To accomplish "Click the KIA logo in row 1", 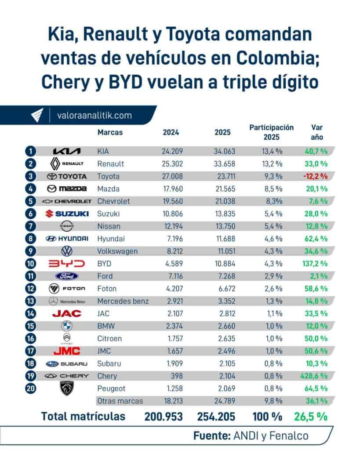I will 67,151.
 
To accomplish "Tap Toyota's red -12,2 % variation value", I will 315,176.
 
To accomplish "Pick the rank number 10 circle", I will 30,264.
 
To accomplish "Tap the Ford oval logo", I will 67,276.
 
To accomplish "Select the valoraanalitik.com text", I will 95,116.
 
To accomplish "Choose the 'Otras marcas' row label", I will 119,401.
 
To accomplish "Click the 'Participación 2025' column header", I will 271,132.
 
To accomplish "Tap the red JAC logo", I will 67,314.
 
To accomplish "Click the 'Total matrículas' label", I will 83,416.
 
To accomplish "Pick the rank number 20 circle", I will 30,388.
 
